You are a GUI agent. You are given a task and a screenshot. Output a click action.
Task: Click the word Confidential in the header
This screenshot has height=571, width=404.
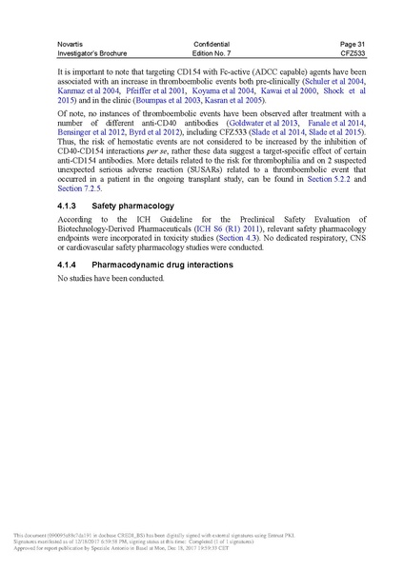coord(211,43)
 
